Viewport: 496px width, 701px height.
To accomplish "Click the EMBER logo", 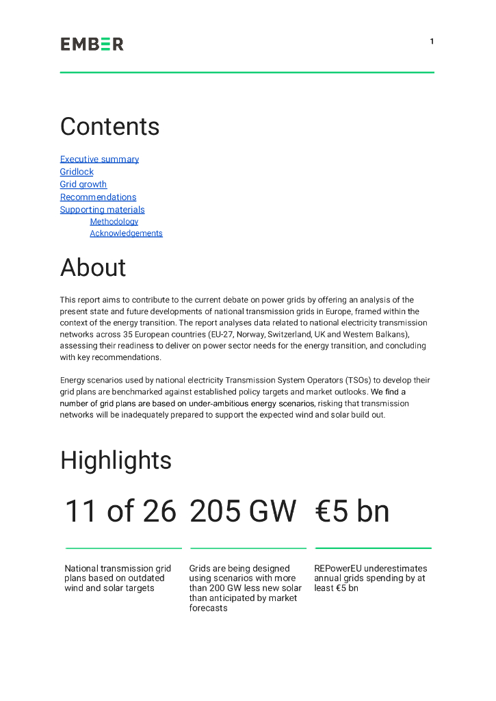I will (x=92, y=44).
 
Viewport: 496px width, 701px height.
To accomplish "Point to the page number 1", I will (x=432, y=42).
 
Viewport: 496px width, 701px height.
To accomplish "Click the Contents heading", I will (x=109, y=127).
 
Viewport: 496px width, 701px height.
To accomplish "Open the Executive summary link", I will (x=99, y=160).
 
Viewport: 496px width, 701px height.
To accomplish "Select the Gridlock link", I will (x=77, y=172).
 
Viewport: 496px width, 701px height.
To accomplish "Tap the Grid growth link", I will (x=83, y=184).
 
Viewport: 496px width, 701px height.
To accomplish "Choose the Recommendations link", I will (x=98, y=197).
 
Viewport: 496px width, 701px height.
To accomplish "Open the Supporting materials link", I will (x=102, y=209).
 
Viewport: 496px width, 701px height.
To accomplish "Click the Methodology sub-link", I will (x=114, y=222).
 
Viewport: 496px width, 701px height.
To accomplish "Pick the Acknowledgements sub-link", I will (x=126, y=233).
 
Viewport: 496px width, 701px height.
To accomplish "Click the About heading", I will (x=93, y=268).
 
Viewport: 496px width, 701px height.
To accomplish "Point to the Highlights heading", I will (x=116, y=460).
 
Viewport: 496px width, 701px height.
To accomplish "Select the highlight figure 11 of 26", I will (x=120, y=512).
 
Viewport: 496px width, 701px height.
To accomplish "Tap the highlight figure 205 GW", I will (x=243, y=512).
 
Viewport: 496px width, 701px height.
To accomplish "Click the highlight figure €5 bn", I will (x=352, y=512).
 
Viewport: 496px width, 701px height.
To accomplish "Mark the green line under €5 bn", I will (x=373, y=548).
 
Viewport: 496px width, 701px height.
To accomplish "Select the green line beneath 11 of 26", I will (x=123, y=548).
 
